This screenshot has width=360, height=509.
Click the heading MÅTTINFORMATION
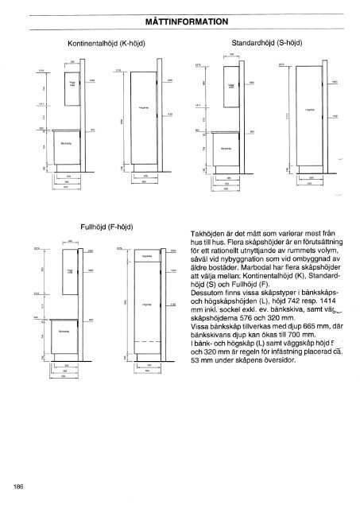point(180,24)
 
